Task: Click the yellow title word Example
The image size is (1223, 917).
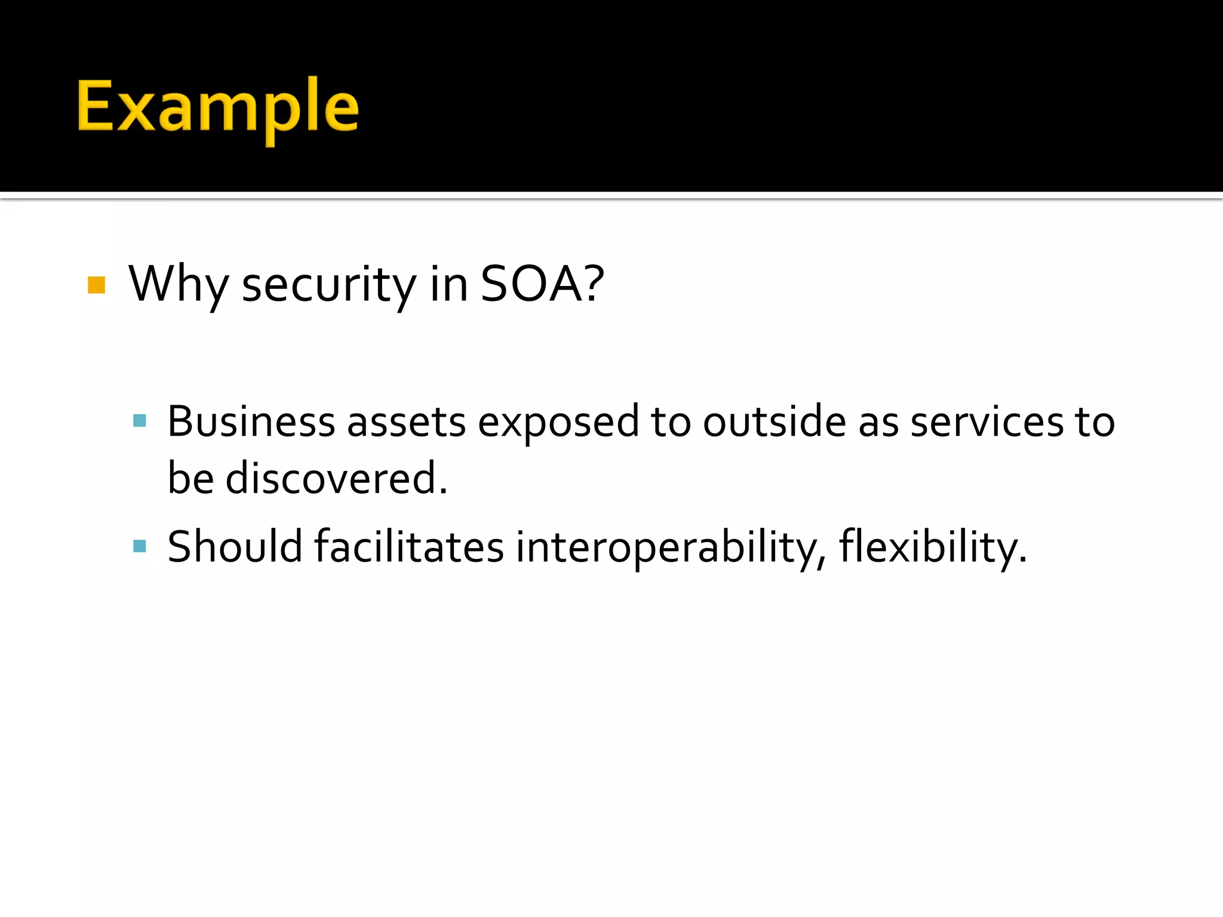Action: pyautogui.click(x=218, y=107)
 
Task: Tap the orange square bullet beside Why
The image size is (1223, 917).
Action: pyautogui.click(x=97, y=285)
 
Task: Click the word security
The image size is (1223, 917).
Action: pyautogui.click(x=329, y=285)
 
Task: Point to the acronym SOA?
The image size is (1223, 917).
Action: pyautogui.click(x=542, y=284)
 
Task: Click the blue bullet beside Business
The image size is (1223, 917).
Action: pyautogui.click(x=140, y=421)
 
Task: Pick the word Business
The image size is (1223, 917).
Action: pyautogui.click(x=251, y=421)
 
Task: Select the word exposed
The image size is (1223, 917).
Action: pyautogui.click(x=558, y=423)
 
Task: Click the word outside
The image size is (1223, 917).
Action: pyautogui.click(x=775, y=421)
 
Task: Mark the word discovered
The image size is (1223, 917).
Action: pyautogui.click(x=336, y=478)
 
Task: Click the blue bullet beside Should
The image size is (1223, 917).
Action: pyautogui.click(x=140, y=546)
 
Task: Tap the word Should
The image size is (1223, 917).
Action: pyautogui.click(x=235, y=546)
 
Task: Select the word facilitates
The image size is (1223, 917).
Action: pyautogui.click(x=409, y=546)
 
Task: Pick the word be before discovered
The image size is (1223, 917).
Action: pyautogui.click(x=190, y=478)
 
